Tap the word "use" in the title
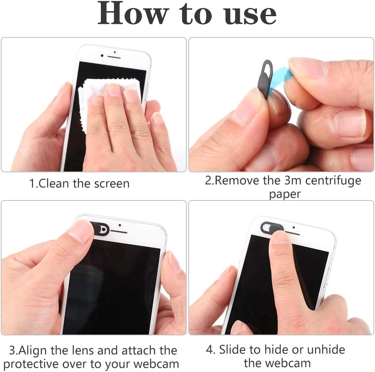pos(250,15)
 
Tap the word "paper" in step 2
pos(285,194)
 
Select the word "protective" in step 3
pos(31,364)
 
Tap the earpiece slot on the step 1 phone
pos(114,57)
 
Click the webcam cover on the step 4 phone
pos(270,227)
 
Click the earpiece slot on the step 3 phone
pos(119,232)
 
